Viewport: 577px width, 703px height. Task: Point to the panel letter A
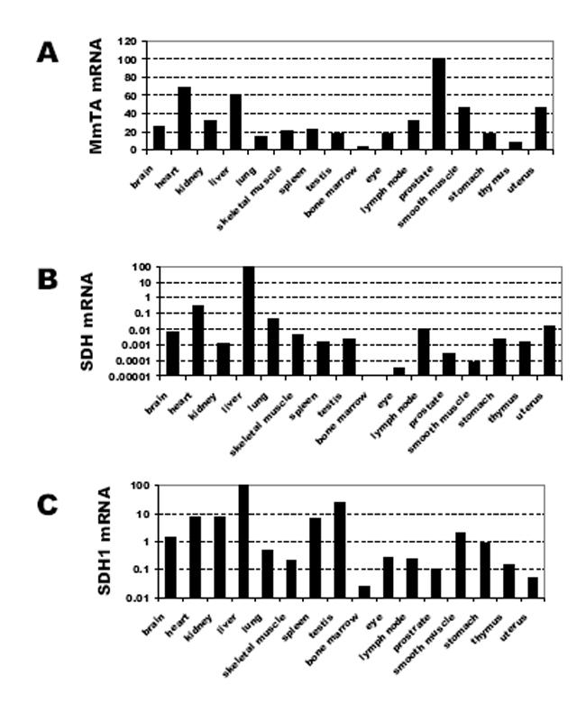click(x=48, y=52)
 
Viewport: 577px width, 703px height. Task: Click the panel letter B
click(x=48, y=278)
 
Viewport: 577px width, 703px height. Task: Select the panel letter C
click(x=48, y=504)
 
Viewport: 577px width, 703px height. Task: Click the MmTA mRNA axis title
click(x=96, y=96)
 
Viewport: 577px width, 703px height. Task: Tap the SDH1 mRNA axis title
click(x=105, y=541)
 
